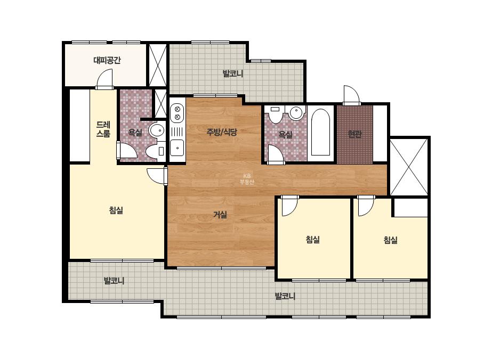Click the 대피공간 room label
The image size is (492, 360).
coord(107,60)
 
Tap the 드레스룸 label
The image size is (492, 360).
coord(103,129)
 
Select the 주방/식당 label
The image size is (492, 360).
coord(222,132)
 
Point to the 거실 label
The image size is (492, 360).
coord(220,215)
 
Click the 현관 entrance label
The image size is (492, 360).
coord(355,134)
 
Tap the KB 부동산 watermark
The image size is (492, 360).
coord(247,179)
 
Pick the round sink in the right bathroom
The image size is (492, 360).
coord(297,112)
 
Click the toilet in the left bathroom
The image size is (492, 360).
coord(155,151)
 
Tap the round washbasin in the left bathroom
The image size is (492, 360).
coord(157,130)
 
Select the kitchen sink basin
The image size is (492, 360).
coord(178,148)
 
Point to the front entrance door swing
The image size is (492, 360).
coord(351,95)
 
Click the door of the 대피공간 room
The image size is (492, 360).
coord(104,79)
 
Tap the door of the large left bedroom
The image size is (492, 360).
coord(157,176)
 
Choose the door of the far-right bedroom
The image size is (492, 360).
coord(366,206)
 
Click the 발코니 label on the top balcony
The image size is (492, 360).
coord(233,73)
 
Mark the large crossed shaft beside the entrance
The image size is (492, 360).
coord(409,167)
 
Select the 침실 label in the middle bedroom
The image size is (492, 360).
coord(313,240)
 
